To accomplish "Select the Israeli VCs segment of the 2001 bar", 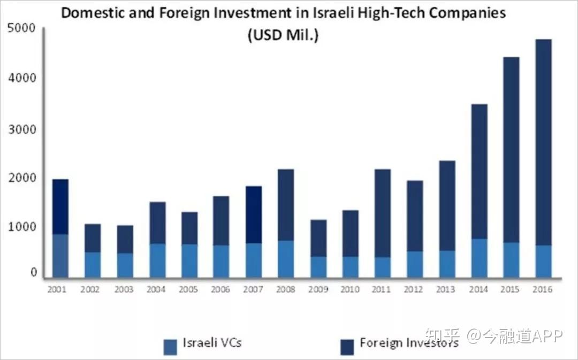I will [x=60, y=256].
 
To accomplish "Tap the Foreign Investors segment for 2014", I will [x=480, y=171].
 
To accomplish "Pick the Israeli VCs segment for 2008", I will [x=286, y=259].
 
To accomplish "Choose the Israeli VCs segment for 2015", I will [x=512, y=260].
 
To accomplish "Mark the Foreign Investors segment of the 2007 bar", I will [x=254, y=215].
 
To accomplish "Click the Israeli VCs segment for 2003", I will [x=125, y=265].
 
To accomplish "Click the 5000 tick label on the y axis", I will [x=22, y=28].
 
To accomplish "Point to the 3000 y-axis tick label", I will [x=22, y=129].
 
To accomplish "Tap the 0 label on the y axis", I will [x=33, y=273].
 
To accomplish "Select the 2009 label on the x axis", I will [x=318, y=289].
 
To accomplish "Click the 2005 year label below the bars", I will [x=189, y=289].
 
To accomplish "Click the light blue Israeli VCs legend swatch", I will [x=170, y=346].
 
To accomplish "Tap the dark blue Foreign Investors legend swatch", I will [x=347, y=346].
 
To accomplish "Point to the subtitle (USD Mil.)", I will [x=282, y=36].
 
